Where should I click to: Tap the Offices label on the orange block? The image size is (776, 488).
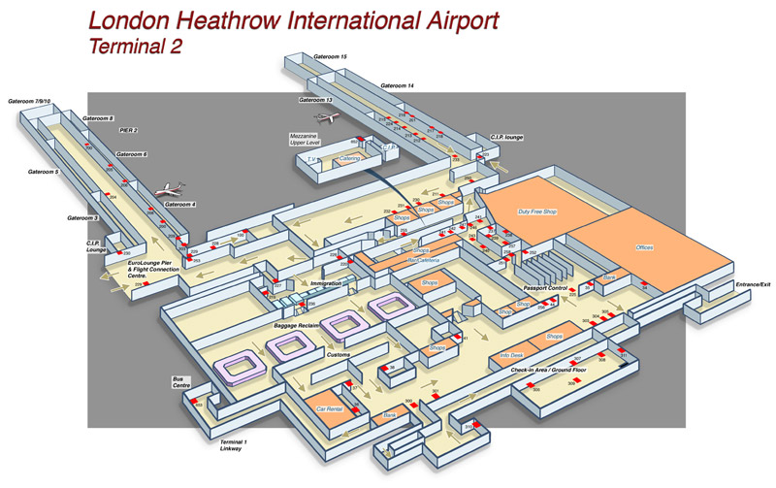coord(645,248)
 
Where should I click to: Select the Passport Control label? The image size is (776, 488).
coord(545,289)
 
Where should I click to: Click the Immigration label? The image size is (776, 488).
coord(326,283)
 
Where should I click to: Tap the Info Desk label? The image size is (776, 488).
coord(512,355)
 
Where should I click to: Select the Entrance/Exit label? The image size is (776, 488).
coord(753,283)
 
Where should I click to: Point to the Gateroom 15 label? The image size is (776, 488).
coord(331,57)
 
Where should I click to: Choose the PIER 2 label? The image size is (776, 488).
coord(128,129)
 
